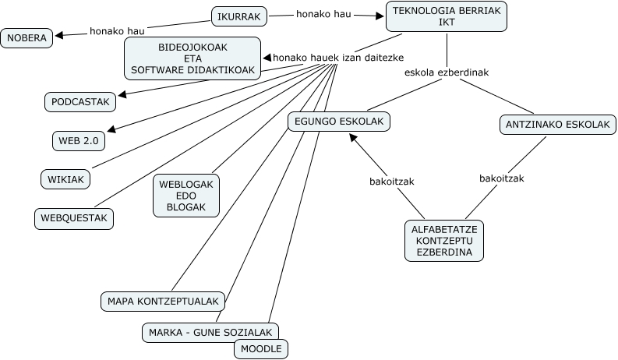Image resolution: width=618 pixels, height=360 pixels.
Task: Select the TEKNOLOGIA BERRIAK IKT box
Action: tap(447, 16)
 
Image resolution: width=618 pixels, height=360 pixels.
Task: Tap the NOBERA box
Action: tap(28, 37)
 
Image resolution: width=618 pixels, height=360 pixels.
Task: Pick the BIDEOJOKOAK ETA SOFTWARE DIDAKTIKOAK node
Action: tap(192, 58)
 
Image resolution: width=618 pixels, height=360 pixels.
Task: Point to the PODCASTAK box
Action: tap(80, 101)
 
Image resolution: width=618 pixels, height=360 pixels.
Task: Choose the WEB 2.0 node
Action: tap(78, 140)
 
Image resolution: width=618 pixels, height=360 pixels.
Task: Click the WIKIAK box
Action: tap(65, 179)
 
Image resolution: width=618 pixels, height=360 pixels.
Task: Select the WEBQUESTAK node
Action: tap(74, 218)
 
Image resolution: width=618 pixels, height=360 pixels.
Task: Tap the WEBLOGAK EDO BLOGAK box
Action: tap(186, 195)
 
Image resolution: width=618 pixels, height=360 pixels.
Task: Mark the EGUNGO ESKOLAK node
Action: tap(339, 122)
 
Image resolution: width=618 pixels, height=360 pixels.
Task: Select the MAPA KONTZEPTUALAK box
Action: tap(164, 301)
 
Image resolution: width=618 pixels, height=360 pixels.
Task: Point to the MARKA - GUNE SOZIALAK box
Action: tap(210, 333)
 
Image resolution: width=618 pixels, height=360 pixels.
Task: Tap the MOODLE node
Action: tap(260, 348)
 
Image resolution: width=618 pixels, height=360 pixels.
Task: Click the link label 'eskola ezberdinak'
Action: tap(447, 72)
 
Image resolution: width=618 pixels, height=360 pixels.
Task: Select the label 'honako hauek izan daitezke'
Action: tap(327, 58)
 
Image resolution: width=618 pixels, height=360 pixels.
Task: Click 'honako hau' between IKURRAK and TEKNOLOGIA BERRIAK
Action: tap(323, 13)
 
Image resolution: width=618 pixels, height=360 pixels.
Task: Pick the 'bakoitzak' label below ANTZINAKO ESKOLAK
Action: tap(502, 178)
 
